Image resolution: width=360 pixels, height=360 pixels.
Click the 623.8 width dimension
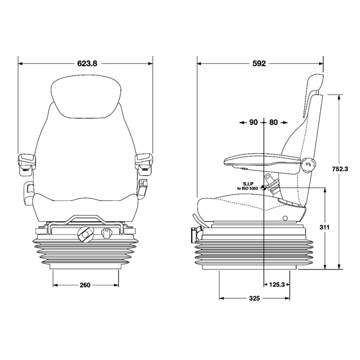(x=87, y=63)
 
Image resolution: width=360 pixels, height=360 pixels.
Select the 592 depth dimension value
(x=259, y=63)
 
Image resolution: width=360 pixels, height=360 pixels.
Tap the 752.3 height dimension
(x=340, y=169)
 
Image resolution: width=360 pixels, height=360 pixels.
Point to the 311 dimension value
(x=324, y=228)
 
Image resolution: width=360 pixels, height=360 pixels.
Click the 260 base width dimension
(x=85, y=285)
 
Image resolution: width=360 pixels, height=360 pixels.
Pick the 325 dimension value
(x=255, y=298)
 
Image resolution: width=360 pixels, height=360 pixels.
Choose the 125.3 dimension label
(x=276, y=285)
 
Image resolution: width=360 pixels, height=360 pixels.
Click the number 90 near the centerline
(x=253, y=122)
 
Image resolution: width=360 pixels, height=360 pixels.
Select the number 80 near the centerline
(x=274, y=122)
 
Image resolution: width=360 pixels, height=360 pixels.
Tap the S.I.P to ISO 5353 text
(x=248, y=185)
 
